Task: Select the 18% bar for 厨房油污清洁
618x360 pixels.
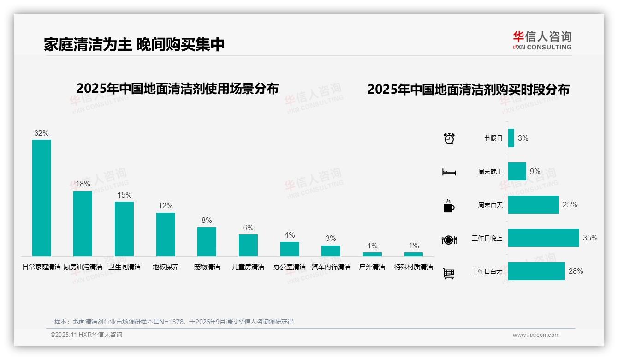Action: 83,223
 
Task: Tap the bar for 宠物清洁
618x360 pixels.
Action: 207,241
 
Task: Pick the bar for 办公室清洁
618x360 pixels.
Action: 290,249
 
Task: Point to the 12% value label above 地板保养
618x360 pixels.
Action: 166,205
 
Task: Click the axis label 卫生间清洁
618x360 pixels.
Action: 124,267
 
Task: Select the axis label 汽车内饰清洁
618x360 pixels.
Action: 331,267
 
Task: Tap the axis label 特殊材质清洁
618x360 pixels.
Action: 414,267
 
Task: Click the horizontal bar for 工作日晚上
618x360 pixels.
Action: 543,238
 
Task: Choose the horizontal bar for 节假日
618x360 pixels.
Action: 511,138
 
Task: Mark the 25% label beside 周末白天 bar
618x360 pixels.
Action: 570,204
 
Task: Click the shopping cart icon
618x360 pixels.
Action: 449,274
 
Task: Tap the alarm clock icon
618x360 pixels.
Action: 449,138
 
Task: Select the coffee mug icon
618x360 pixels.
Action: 449,206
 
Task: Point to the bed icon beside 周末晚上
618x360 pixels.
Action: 449,172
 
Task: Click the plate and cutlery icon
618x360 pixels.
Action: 449,240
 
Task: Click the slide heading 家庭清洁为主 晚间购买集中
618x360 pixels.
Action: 134,44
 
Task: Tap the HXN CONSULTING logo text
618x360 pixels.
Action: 542,47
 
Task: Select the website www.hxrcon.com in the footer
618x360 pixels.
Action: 536,335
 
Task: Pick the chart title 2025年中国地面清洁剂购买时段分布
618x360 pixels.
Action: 468,90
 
